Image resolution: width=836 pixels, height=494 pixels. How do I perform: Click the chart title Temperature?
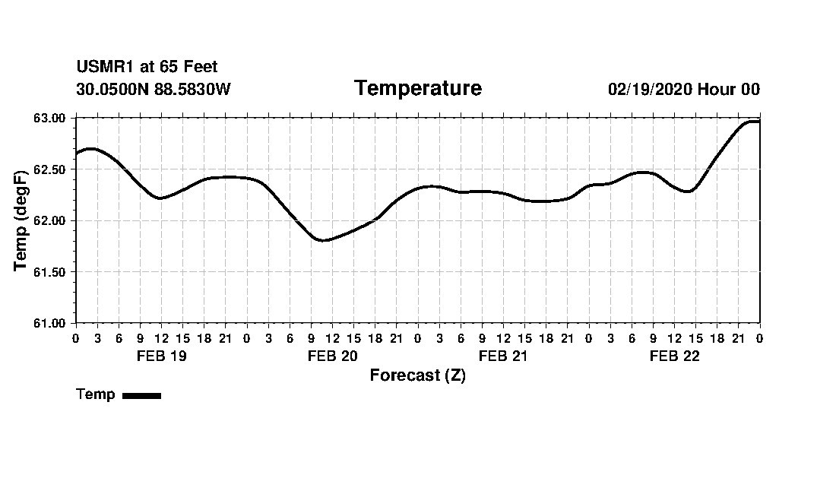[x=418, y=88]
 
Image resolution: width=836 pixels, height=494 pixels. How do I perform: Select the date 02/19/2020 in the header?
[x=650, y=89]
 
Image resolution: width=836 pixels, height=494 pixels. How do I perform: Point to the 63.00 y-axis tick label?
[x=50, y=118]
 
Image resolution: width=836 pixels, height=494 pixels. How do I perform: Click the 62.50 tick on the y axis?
[x=50, y=169]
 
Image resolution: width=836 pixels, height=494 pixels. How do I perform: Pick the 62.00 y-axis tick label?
[x=50, y=220]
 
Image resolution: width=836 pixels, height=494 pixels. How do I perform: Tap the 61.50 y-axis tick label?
[x=50, y=271]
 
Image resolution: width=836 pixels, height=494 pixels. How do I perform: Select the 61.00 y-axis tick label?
[x=50, y=323]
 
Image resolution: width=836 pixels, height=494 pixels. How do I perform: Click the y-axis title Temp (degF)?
[x=21, y=220]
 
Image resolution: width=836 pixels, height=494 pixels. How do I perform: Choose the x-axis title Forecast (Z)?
[x=417, y=375]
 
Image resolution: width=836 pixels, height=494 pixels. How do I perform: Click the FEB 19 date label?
[x=161, y=356]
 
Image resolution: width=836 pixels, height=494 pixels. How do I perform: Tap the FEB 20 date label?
[x=332, y=356]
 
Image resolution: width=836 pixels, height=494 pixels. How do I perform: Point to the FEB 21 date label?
[x=503, y=356]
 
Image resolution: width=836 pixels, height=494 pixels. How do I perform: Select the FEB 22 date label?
[x=674, y=356]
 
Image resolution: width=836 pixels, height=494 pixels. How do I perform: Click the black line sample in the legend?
[x=141, y=395]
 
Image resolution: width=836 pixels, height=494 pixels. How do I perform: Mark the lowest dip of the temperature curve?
[x=324, y=240]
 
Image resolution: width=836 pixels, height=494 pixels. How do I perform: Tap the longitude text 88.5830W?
[x=192, y=89]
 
